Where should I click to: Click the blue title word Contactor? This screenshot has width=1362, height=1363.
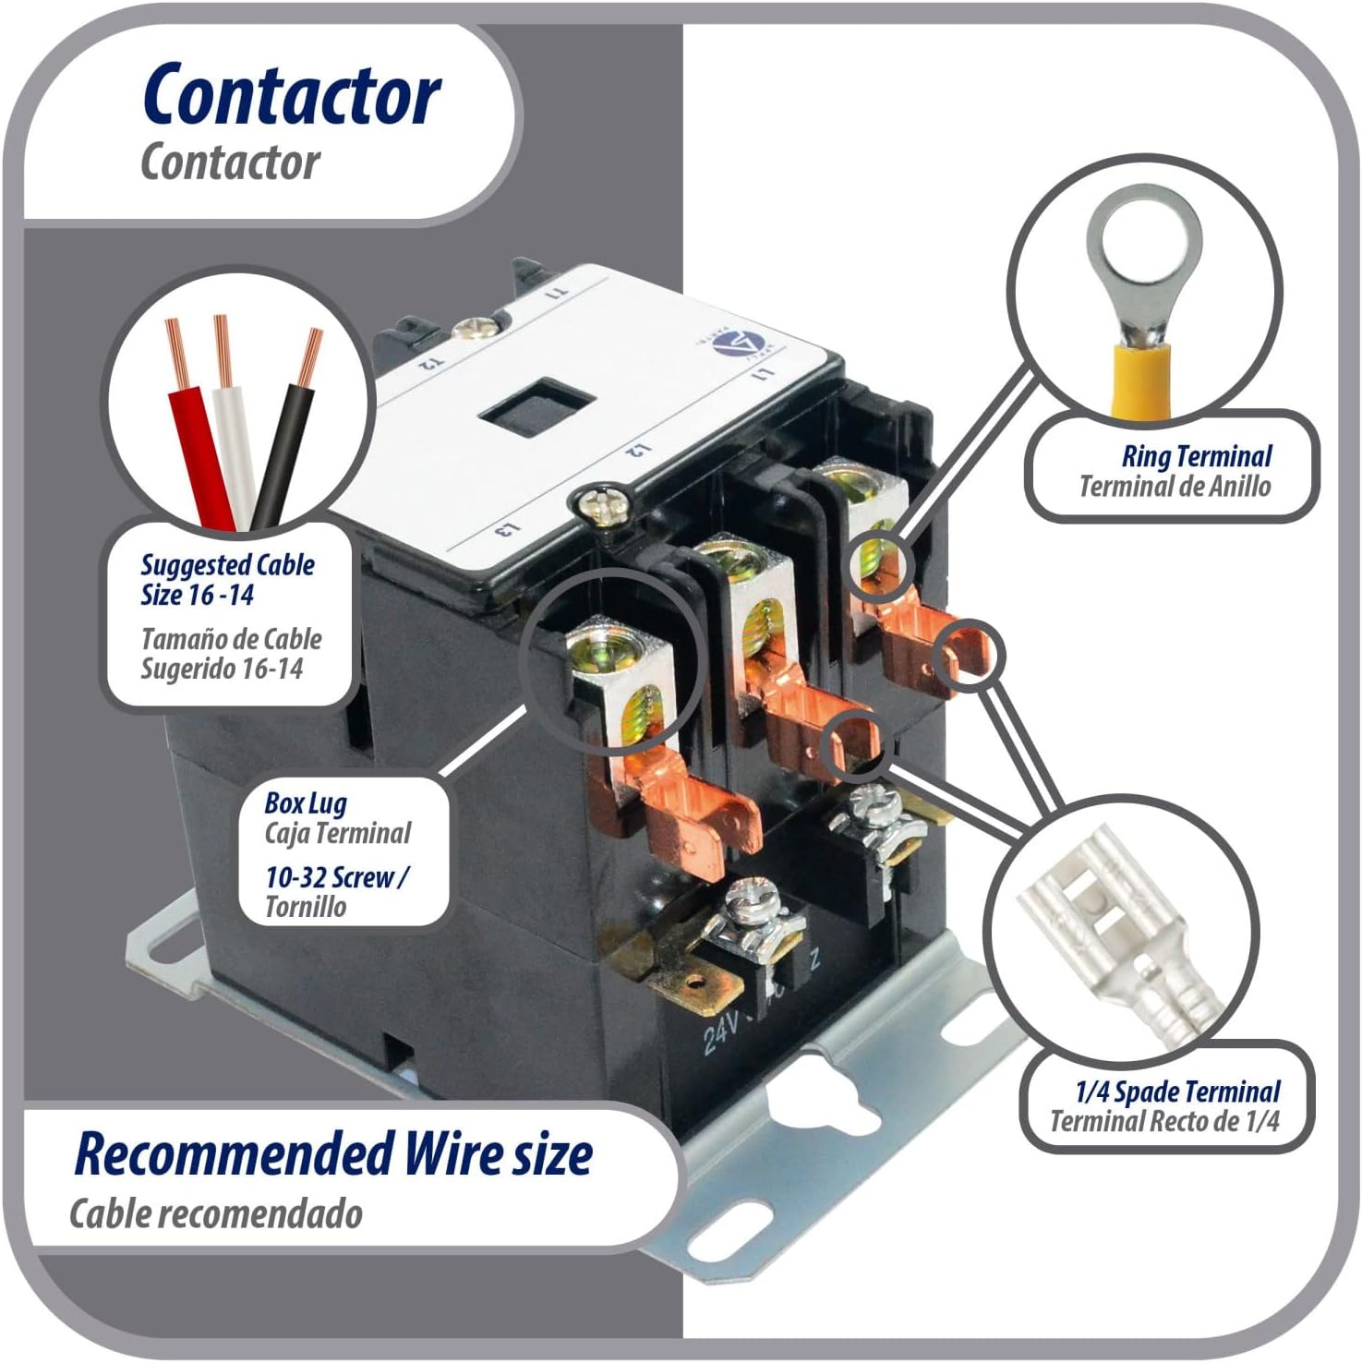[292, 96]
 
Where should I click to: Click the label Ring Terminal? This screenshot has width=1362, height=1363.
[1196, 456]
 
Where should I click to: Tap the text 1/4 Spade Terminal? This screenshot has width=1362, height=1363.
[1177, 1092]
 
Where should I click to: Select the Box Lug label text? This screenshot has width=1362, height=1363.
[306, 803]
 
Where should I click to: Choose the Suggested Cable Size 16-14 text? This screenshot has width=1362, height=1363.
[227, 580]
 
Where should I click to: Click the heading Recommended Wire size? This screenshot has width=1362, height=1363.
[333, 1155]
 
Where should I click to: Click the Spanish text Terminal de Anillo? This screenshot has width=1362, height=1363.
[1175, 487]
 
